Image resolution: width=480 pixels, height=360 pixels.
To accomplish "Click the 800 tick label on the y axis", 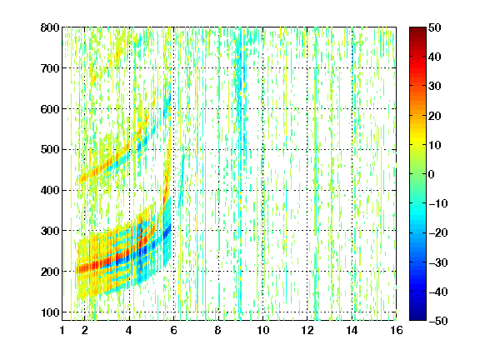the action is point(50,27).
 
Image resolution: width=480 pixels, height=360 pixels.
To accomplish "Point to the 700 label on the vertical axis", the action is point(50,68).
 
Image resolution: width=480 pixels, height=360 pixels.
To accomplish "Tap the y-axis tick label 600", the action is point(50,109).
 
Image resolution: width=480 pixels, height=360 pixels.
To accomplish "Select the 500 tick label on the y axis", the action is point(50,150).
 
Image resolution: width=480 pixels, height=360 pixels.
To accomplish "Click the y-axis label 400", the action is point(50,190).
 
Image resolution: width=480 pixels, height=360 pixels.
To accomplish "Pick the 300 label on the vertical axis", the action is point(50,231).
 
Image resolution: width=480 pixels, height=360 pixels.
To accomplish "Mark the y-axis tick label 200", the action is point(50,272).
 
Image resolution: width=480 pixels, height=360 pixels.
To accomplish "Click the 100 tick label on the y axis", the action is point(50,312).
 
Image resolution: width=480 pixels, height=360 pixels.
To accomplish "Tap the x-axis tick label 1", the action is point(62,330).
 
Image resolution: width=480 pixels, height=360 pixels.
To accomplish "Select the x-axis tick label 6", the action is point(173,330).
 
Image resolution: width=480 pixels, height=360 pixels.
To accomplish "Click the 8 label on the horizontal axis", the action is point(218,330).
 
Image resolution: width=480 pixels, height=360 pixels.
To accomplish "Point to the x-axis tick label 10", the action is point(263,330).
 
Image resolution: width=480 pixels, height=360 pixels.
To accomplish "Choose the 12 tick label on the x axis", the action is point(307,330).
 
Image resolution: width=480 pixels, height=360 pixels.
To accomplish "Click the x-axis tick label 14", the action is point(352,330).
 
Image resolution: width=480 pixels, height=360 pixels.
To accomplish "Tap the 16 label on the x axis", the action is point(397,330).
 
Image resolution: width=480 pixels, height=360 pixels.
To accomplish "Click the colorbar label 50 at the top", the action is point(434,27).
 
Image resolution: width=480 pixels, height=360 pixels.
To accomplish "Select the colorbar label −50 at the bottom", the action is point(438,321).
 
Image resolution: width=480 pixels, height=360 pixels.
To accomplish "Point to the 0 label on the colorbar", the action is point(431,174).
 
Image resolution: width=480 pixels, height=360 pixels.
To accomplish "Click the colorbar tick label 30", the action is point(434,87).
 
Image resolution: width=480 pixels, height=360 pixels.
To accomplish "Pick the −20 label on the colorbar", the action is point(438,232).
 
